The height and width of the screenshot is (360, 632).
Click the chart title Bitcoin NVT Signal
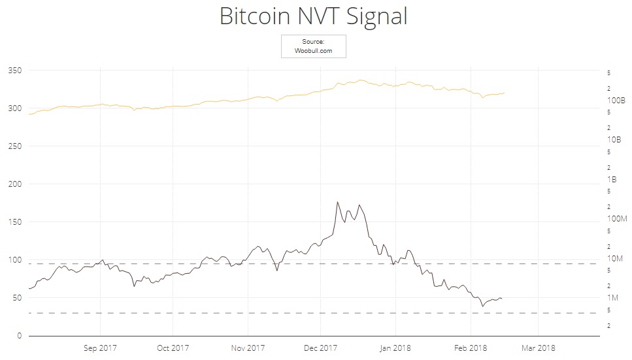click(313, 16)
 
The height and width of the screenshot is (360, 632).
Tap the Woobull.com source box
click(313, 46)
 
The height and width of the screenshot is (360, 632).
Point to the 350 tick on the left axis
click(14, 70)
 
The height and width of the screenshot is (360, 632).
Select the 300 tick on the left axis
click(14, 108)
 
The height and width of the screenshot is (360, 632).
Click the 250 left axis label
click(14, 146)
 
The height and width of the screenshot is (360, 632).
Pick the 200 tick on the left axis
click(14, 184)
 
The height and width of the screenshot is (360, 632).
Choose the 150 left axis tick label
click(14, 221)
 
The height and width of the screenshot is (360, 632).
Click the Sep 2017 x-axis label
click(100, 348)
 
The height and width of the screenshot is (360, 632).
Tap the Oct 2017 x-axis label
click(173, 348)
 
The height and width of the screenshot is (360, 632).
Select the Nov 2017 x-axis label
click(248, 348)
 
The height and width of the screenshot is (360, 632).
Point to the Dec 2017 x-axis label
click(320, 348)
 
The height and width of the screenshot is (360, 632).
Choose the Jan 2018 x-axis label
click(395, 348)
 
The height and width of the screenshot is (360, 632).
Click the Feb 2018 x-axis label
click(470, 348)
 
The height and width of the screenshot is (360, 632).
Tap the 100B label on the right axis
click(616, 101)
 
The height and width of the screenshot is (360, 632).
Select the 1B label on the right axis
click(612, 179)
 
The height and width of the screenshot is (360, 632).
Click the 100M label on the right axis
click(616, 218)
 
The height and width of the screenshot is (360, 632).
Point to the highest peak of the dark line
click(337, 202)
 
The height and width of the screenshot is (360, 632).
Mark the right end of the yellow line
click(504, 93)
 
